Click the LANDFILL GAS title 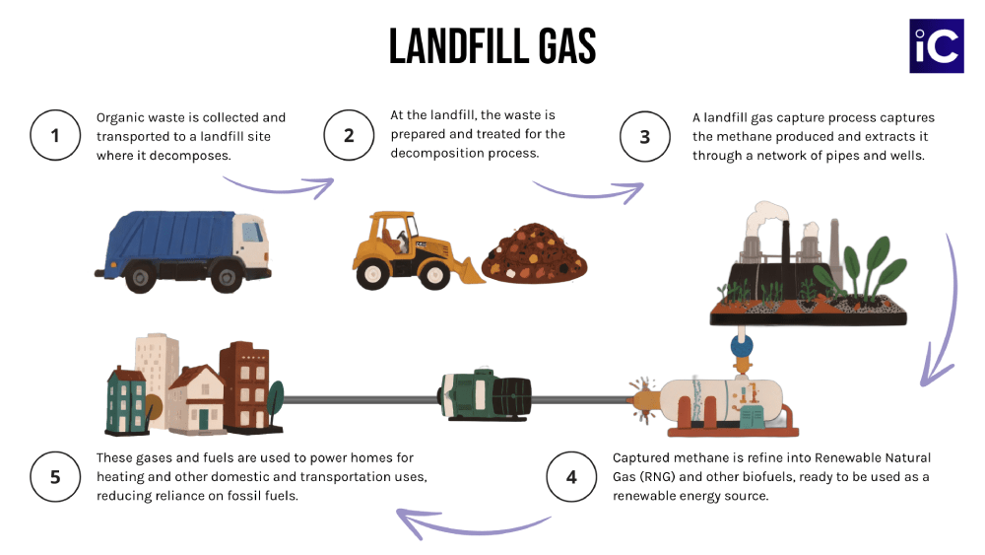click(x=492, y=46)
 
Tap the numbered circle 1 click(x=55, y=136)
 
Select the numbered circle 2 click(x=349, y=136)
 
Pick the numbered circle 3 click(x=645, y=136)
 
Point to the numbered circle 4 click(x=571, y=477)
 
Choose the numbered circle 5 click(x=55, y=477)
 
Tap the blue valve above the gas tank click(x=741, y=346)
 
